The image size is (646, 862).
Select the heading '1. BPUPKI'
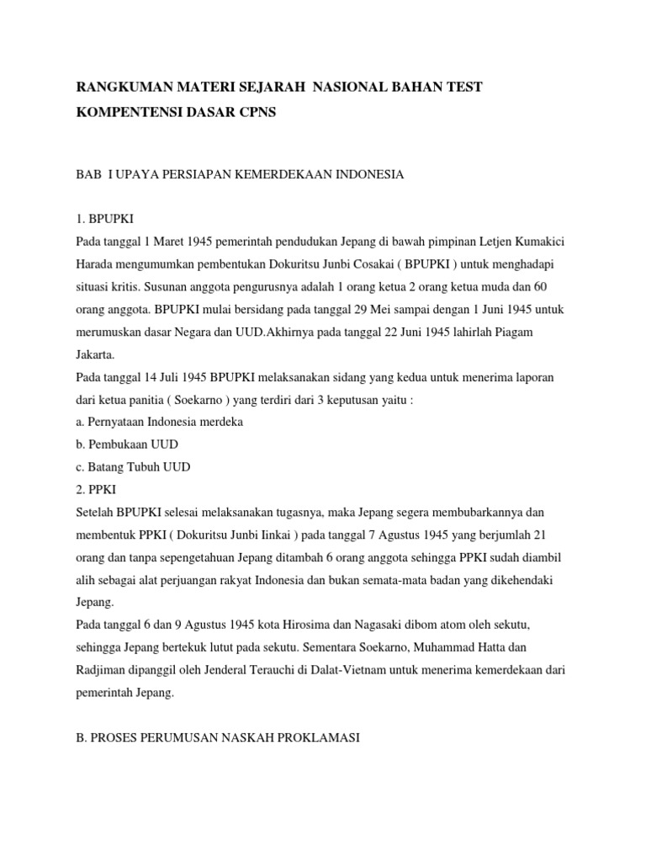104,220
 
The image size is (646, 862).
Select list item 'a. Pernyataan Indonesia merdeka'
159,423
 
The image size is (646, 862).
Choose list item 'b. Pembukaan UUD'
127,445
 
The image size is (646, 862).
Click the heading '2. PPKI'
97,491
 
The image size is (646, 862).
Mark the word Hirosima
293,626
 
